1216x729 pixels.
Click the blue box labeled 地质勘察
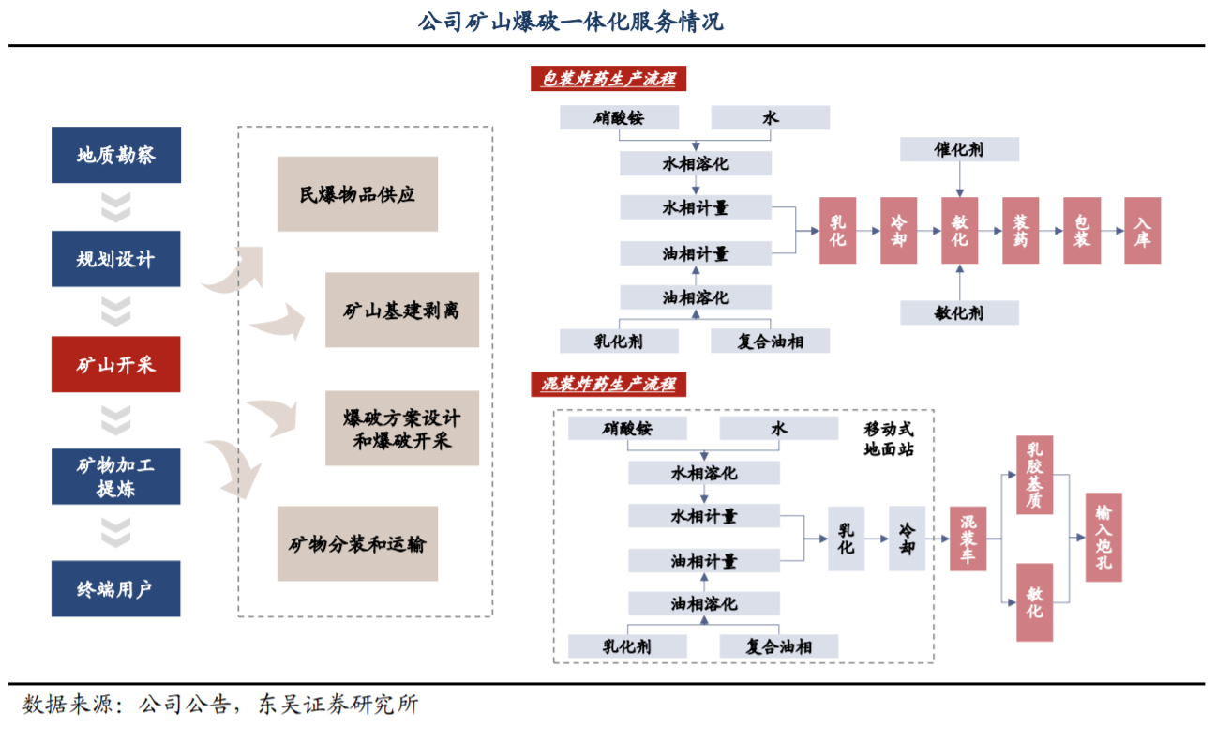[x=115, y=156]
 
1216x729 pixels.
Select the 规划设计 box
[x=115, y=259]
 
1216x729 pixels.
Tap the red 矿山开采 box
[x=115, y=365]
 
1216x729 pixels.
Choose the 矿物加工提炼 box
[x=115, y=476]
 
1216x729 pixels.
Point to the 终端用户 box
[x=115, y=589]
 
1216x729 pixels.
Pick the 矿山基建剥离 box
[x=401, y=311]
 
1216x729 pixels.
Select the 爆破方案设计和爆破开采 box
[x=401, y=429]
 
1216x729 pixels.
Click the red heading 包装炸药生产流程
[x=608, y=79]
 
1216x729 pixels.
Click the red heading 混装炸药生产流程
[x=608, y=383]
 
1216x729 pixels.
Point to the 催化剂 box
[x=959, y=148]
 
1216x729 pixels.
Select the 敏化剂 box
[x=959, y=312]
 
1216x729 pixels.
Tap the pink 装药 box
[x=1021, y=230]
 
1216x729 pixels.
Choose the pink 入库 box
[x=1142, y=230]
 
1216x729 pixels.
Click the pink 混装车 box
[x=968, y=539]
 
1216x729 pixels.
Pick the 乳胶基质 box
[x=1035, y=475]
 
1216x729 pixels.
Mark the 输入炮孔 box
[x=1103, y=538]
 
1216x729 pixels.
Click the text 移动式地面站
[x=889, y=438]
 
